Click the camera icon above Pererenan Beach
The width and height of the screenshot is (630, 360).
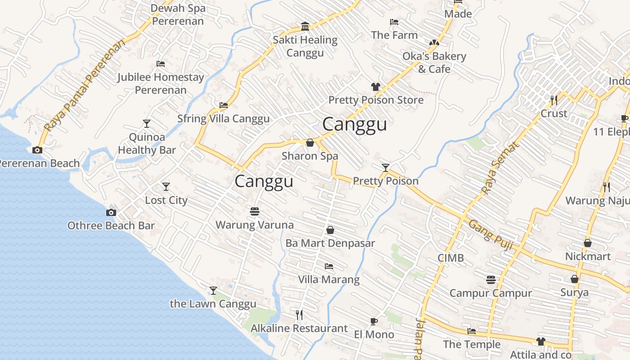tap(37, 150)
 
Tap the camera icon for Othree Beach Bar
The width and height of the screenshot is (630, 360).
tap(111, 212)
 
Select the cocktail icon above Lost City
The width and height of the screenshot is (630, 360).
tap(166, 186)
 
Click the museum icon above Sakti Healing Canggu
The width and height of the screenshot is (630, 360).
tap(305, 26)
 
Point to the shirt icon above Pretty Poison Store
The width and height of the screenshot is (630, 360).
tap(376, 86)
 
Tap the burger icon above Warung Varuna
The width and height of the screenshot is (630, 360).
tap(255, 211)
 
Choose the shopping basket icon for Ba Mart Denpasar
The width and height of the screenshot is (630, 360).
tap(330, 230)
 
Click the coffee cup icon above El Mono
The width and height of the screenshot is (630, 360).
tap(373, 321)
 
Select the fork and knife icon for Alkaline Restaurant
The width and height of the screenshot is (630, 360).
tap(299, 315)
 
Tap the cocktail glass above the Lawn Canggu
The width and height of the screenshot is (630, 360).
tap(213, 291)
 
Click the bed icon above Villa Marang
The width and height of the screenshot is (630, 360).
tap(329, 266)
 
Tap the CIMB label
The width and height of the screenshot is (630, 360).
tap(450, 258)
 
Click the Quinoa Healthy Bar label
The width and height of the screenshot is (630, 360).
tap(147, 143)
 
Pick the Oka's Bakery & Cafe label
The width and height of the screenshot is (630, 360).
tap(434, 63)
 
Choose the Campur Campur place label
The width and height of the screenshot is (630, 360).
tap(490, 293)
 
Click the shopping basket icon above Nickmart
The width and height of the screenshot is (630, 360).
tap(588, 243)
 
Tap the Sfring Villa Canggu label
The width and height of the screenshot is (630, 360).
tap(223, 119)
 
